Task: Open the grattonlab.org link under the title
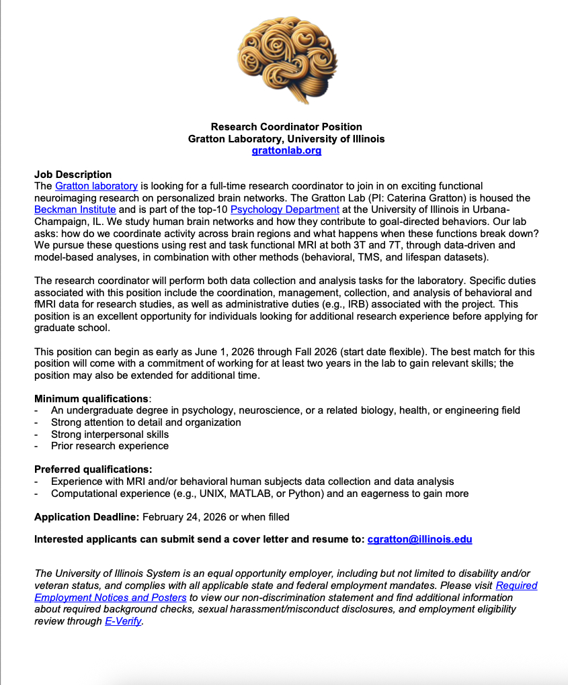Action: [286, 150]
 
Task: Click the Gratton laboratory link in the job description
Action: [96, 186]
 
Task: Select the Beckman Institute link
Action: [75, 210]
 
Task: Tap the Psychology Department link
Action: [285, 210]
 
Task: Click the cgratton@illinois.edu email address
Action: [419, 539]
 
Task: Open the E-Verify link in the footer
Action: [123, 621]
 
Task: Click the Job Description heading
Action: [73, 175]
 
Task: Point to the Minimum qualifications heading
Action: [91, 398]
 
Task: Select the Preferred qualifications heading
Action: [93, 469]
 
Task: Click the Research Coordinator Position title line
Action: [286, 126]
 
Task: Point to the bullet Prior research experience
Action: [110, 446]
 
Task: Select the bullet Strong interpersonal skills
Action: [110, 434]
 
